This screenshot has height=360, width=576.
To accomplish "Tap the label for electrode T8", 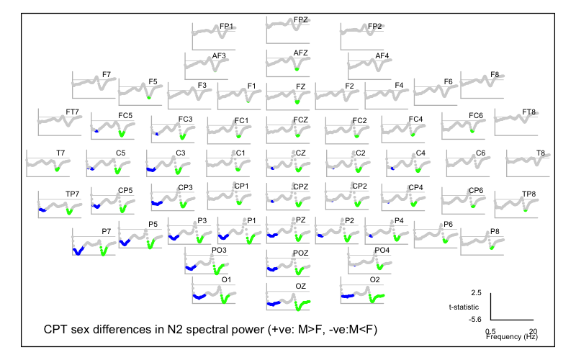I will pos(540,153).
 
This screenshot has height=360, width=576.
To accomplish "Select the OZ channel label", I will pos(301,286).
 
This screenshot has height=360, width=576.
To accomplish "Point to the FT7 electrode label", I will pos(72,112).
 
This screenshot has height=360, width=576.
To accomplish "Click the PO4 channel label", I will pos(382,250).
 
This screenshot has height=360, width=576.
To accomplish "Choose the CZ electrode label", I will pos(301,153).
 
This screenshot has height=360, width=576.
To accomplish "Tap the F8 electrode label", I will pos(495,74).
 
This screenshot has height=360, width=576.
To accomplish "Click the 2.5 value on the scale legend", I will pos(474,294).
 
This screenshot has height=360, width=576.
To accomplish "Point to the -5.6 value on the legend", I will pos(473,318).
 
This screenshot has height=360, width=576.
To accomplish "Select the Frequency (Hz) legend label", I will pos(511,336).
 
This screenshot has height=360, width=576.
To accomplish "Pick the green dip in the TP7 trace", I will pos(69,212).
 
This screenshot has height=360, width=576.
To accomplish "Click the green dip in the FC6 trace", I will pos(472,131).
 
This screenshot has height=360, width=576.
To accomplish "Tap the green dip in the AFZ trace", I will pos(297,69).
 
